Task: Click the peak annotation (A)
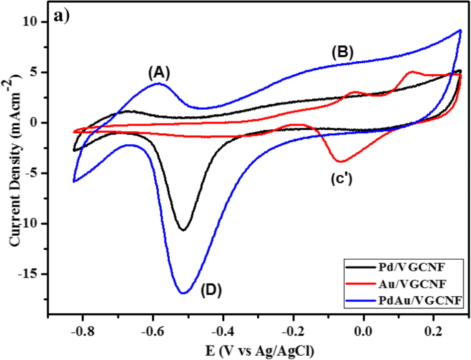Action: pos(159,71)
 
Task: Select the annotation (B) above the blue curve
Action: pos(342,51)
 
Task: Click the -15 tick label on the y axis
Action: pos(29,274)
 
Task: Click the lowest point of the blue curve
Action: pos(184,293)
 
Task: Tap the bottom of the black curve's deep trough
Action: pos(183,230)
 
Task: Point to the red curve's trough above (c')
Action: pos(340,161)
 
